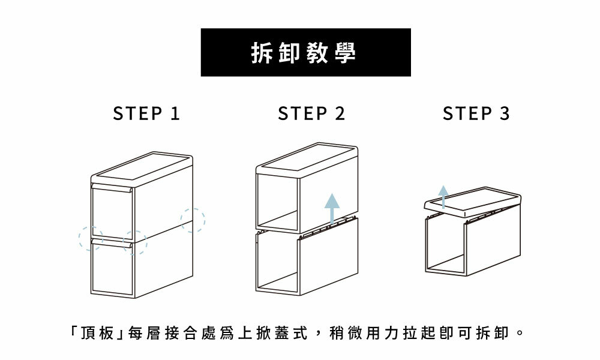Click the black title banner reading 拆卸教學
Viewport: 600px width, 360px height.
coord(305,52)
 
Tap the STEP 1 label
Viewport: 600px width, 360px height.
coord(147,113)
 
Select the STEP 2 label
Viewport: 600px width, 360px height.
coord(311,113)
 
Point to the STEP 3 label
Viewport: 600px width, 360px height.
coord(476,113)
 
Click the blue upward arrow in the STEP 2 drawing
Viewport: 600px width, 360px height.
coord(332,208)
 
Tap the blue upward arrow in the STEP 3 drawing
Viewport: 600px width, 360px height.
coord(443,196)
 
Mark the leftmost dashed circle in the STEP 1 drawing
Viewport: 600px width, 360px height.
coord(91,238)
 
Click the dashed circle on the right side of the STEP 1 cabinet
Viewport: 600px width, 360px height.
coord(193,220)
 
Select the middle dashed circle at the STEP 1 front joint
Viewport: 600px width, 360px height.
coord(135,242)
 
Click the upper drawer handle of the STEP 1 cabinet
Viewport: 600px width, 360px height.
coord(112,189)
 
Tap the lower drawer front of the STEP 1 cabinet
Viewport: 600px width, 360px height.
coord(112,270)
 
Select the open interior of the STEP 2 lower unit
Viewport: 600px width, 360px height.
coord(277,264)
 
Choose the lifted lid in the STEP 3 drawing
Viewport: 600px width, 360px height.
coord(471,200)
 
